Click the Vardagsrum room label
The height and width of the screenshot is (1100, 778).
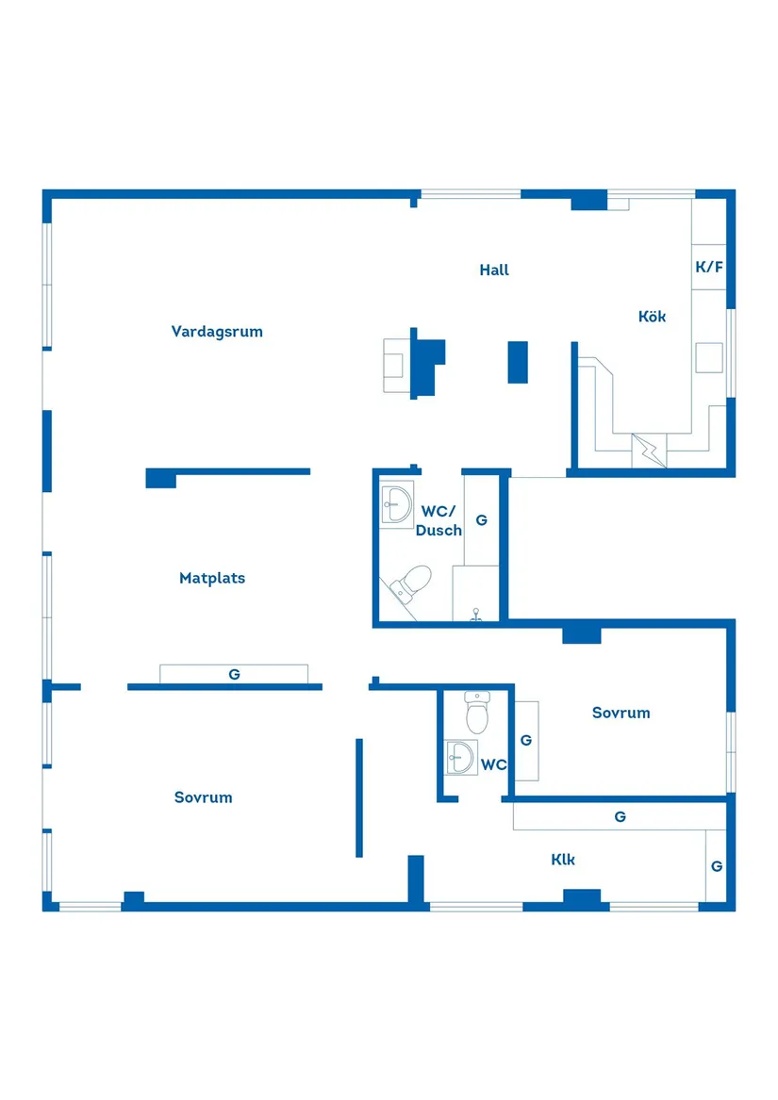[217, 332]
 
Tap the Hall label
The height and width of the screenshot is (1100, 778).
[494, 271]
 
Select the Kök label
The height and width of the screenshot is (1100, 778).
[652, 317]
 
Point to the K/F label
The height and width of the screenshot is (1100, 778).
[709, 267]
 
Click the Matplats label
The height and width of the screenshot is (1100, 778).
[212, 578]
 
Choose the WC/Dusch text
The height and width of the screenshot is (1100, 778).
[439, 520]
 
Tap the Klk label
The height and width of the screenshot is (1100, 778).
[563, 860]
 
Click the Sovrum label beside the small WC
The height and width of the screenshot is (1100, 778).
[621, 713]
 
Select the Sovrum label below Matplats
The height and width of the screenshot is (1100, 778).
[203, 797]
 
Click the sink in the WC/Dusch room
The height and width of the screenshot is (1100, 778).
[397, 504]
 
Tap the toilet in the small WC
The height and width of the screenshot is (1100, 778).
[477, 712]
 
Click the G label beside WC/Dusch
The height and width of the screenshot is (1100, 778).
[482, 520]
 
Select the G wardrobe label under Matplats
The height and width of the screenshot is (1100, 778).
[235, 674]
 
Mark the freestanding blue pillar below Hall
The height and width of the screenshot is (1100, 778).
[518, 362]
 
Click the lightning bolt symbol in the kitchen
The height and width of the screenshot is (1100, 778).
[650, 451]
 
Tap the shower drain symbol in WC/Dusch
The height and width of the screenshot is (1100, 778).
[476, 616]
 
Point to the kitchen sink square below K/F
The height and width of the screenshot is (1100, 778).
[709, 358]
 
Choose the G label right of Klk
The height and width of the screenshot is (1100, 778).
[717, 866]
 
